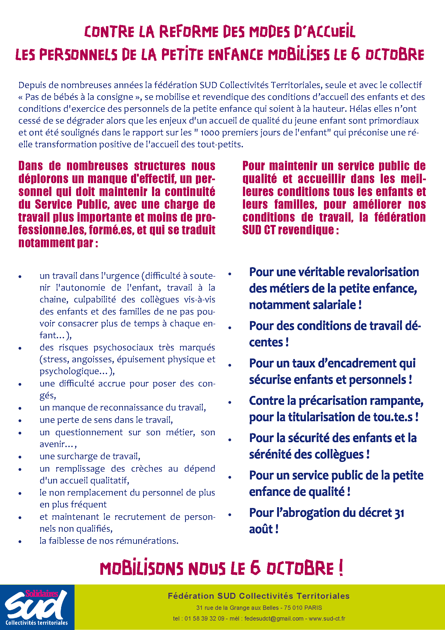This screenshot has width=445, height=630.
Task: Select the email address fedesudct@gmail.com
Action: [x=274, y=618]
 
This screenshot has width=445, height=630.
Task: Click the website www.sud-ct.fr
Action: [x=327, y=618]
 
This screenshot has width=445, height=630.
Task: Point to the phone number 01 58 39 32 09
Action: [x=204, y=618]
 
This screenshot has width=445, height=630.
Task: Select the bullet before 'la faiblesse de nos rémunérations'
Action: [x=20, y=541]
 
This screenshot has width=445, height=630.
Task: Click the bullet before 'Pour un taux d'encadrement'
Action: [x=229, y=365]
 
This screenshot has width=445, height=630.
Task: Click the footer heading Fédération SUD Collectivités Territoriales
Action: [x=259, y=596]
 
